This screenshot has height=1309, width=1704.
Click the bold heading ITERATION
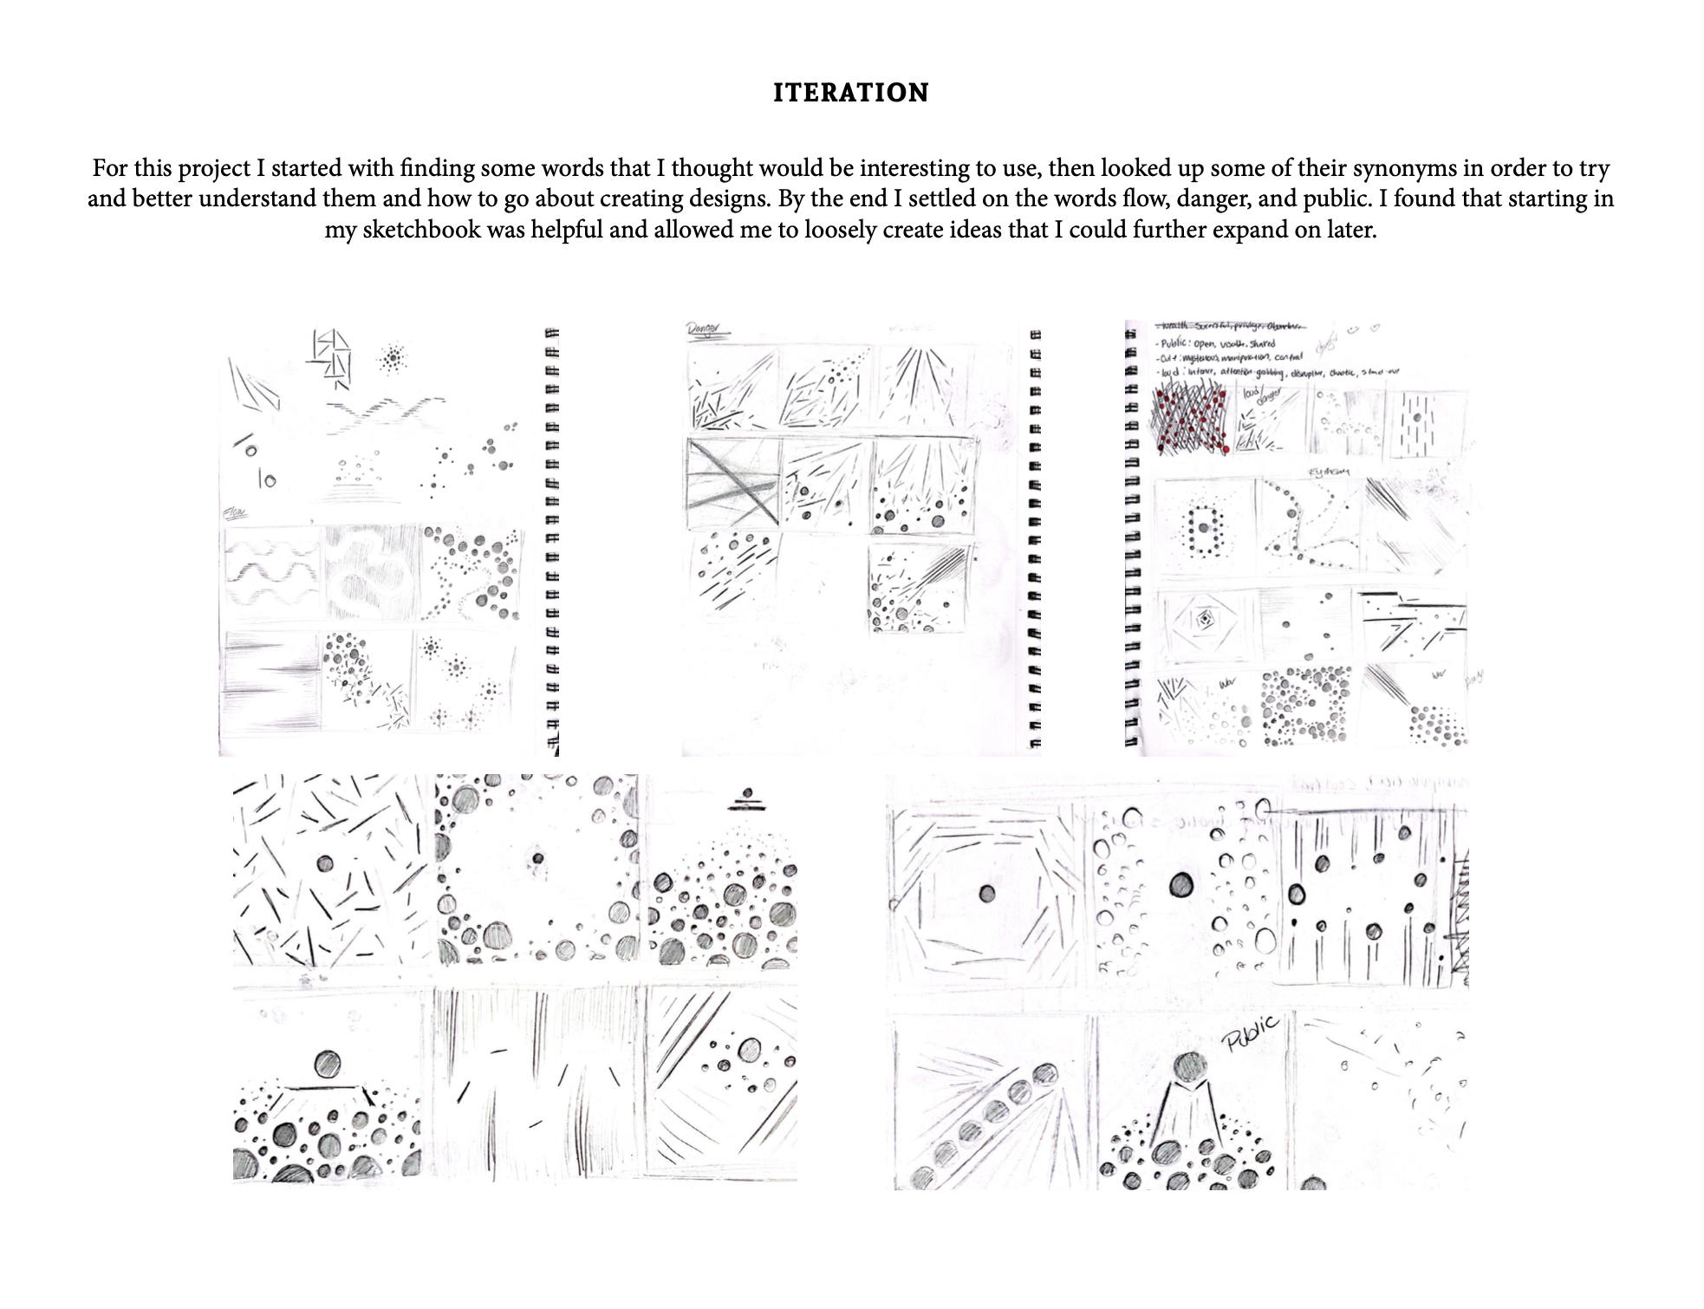[850, 93]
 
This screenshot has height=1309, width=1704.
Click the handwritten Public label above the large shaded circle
[1252, 1034]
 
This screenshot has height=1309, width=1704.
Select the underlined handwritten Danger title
[704, 329]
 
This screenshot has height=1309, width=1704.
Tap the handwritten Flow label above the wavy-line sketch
[234, 513]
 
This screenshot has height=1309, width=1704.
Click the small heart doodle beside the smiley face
[1374, 329]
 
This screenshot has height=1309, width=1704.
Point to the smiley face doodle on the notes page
[1354, 330]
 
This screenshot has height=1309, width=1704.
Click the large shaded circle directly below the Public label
[1190, 1067]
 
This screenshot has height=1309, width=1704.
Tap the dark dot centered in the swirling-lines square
[986, 894]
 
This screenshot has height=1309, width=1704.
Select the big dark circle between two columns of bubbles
[1180, 884]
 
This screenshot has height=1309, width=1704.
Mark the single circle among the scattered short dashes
[324, 863]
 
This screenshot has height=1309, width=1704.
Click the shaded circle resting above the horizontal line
[327, 1064]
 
